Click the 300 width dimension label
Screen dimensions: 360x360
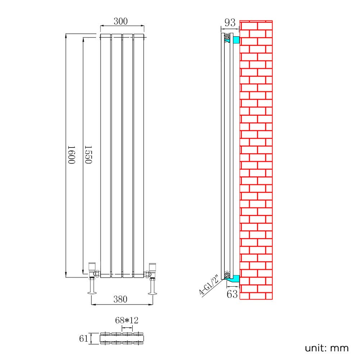[x=121, y=21]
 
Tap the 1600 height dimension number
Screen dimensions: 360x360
[x=71, y=155]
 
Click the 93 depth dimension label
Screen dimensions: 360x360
[x=230, y=23]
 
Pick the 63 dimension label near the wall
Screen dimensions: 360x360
[x=232, y=294]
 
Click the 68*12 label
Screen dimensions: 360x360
[x=127, y=320]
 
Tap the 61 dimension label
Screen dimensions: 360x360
[x=83, y=338]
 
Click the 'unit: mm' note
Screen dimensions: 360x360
[x=327, y=348]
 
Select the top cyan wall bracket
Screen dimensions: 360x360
[x=236, y=40]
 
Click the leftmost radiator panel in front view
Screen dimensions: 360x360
[x=105, y=155]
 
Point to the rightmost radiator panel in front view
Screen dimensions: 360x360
[x=138, y=155]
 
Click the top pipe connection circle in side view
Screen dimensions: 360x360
[x=227, y=36]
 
